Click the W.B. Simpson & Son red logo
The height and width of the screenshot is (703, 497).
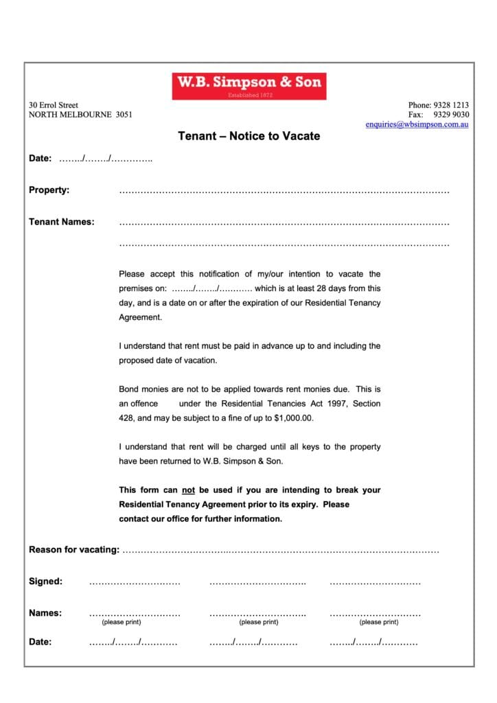249,86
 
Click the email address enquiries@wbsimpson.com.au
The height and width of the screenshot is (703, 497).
417,125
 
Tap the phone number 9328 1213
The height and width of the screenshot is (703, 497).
451,105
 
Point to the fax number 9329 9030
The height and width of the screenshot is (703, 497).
451,115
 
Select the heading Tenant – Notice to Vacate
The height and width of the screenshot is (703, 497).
249,136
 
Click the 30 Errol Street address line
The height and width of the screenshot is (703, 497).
54,105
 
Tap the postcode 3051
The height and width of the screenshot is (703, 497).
124,115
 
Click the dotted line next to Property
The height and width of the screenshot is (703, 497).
284,192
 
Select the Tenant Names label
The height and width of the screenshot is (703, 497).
62,222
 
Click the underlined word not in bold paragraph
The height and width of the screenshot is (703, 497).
189,490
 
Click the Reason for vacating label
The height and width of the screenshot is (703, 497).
74,550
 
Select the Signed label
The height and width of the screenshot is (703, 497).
45,581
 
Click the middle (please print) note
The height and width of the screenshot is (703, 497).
259,622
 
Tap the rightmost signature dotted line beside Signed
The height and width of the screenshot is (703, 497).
375,583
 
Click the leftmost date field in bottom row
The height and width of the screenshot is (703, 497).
133,643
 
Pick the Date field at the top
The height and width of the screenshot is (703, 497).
106,159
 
